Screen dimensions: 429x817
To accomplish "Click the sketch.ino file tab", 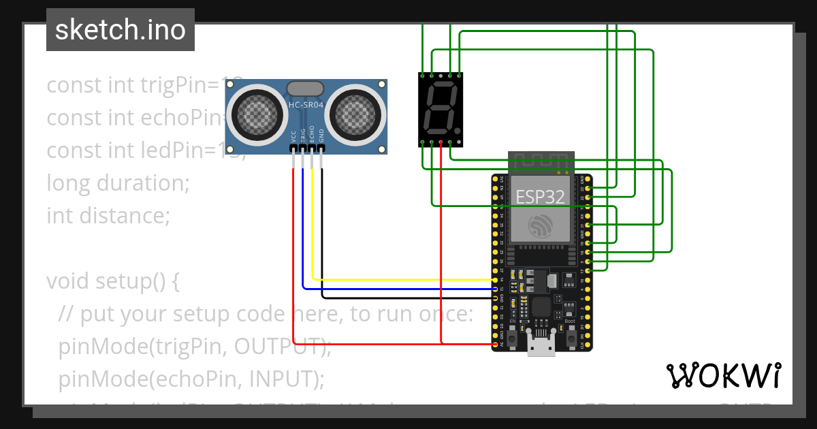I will pos(121,30).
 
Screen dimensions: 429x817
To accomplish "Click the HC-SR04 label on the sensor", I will pos(306,105).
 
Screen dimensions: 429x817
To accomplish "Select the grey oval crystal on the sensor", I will pos(306,88).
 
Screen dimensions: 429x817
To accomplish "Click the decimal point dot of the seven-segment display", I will pos(458,131).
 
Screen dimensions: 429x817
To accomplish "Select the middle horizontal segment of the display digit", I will pos(440,108).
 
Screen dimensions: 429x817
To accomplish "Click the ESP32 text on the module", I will pos(540,197).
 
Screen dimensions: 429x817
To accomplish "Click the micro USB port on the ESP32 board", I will pos(540,347).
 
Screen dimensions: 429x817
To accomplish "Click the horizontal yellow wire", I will pos(402,279).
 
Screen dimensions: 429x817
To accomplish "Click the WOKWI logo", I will pos(723,376).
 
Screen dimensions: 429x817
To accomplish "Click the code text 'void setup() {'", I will pos(112,281).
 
